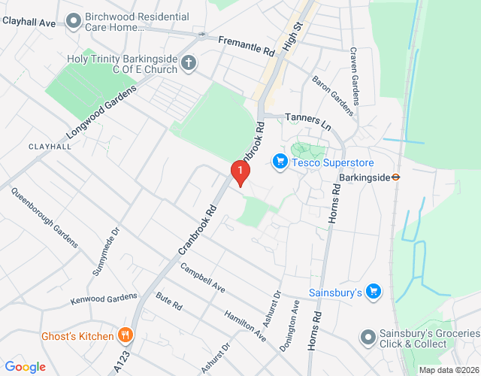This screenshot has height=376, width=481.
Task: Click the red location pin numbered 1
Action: tap(240, 174)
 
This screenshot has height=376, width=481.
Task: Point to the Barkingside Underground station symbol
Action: tap(396, 177)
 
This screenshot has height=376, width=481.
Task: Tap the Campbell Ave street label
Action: tap(202, 277)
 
